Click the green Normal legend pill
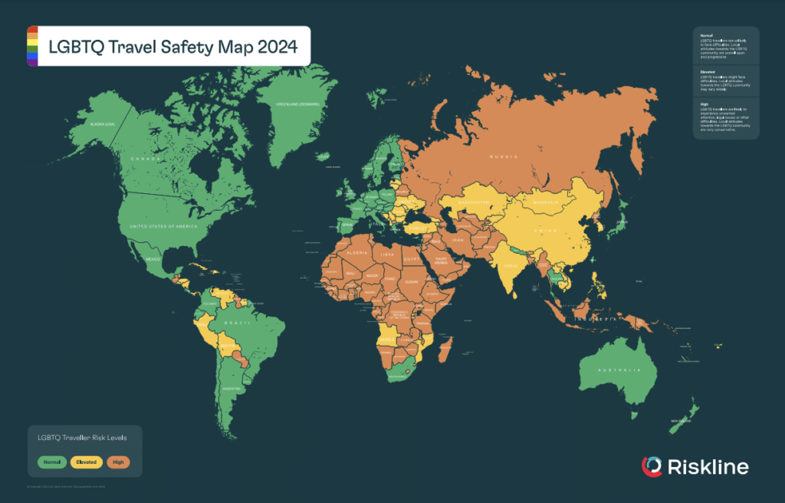[x=51, y=462]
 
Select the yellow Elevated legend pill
[x=85, y=462]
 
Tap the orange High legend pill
[x=118, y=462]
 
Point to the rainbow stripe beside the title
[x=32, y=46]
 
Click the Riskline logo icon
[x=652, y=466]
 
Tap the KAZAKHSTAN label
[x=475, y=202]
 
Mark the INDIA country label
[x=508, y=265]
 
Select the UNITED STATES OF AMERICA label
[x=163, y=227]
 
